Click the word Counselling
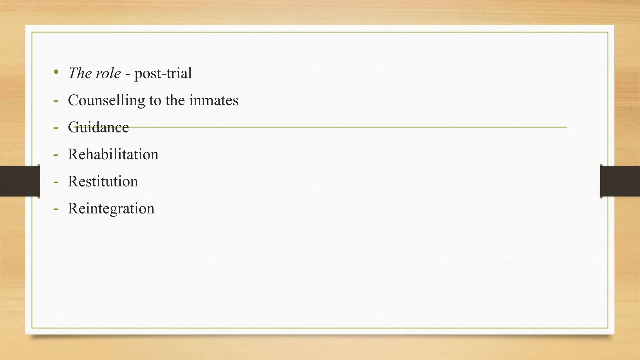(106, 101)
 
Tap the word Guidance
(98, 127)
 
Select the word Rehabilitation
(113, 154)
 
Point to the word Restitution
(103, 182)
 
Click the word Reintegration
(111, 208)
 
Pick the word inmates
(214, 101)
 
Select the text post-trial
(163, 74)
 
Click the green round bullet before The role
(56, 72)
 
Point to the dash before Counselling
(56, 101)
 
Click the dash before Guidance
(56, 127)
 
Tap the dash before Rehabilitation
(56, 155)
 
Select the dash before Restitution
(56, 182)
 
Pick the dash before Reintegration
(56, 208)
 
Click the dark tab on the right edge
(620, 181)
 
